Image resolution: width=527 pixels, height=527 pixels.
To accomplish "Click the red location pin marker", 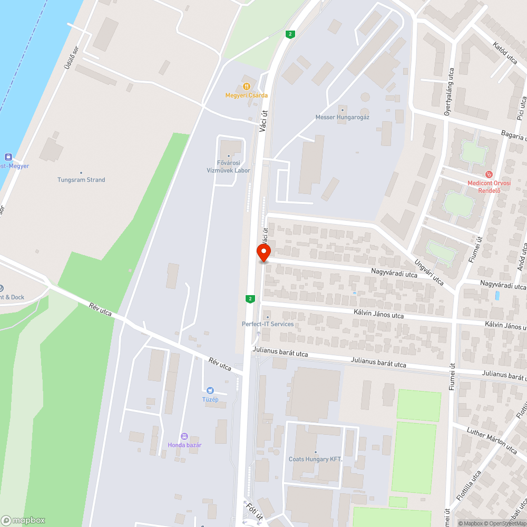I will pyautogui.click(x=263, y=252).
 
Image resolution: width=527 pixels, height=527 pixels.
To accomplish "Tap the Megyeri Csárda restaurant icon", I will pyautogui.click(x=246, y=86).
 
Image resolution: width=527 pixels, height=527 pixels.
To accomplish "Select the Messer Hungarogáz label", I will pyautogui.click(x=342, y=117).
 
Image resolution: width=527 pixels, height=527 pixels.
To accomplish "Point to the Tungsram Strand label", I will pyautogui.click(x=81, y=180).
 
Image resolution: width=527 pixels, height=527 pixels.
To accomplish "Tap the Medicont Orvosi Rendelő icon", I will pyautogui.click(x=489, y=174).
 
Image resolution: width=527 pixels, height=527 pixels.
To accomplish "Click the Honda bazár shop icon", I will pyautogui.click(x=184, y=436).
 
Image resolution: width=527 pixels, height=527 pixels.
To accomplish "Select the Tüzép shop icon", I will pyautogui.click(x=211, y=391).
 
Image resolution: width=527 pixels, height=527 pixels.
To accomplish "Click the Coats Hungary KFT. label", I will pyautogui.click(x=316, y=459).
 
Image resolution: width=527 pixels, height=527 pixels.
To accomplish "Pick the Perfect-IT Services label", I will pyautogui.click(x=268, y=324).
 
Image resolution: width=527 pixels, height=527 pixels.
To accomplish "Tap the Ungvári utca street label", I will pyautogui.click(x=428, y=272).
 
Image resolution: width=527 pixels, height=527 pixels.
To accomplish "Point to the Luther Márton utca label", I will pyautogui.click(x=492, y=440).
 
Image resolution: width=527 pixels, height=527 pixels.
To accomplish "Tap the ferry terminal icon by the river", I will pyautogui.click(x=8, y=157).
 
